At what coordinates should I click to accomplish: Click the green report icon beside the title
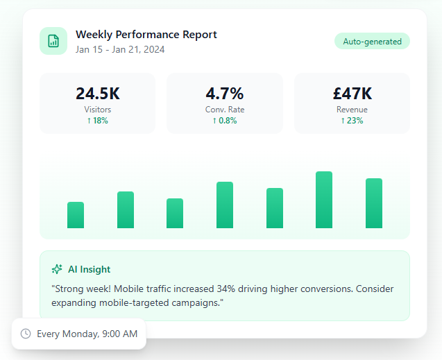(x=53, y=41)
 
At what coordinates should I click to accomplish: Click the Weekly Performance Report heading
(x=146, y=35)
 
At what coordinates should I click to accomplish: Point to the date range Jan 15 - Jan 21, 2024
(x=120, y=49)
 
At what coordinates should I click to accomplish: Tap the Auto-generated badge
(x=372, y=41)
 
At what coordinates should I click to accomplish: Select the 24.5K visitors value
(x=97, y=94)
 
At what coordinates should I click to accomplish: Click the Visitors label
(x=97, y=110)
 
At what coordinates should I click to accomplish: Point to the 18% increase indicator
(x=97, y=121)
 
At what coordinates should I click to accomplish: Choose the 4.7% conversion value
(x=225, y=94)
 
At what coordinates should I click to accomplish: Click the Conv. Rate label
(x=225, y=110)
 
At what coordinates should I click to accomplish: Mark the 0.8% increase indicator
(x=225, y=121)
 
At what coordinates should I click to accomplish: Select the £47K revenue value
(x=352, y=94)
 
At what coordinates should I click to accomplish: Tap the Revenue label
(x=352, y=110)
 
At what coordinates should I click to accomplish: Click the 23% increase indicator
(x=352, y=121)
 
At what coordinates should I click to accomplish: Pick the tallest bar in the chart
(x=324, y=200)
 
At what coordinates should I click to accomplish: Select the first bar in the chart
(x=76, y=215)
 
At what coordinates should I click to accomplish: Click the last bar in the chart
(x=374, y=203)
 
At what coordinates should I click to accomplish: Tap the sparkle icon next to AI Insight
(x=57, y=269)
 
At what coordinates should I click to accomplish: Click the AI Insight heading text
(x=89, y=269)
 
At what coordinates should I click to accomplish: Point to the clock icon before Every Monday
(x=26, y=334)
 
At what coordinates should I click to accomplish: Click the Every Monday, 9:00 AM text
(x=87, y=334)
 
